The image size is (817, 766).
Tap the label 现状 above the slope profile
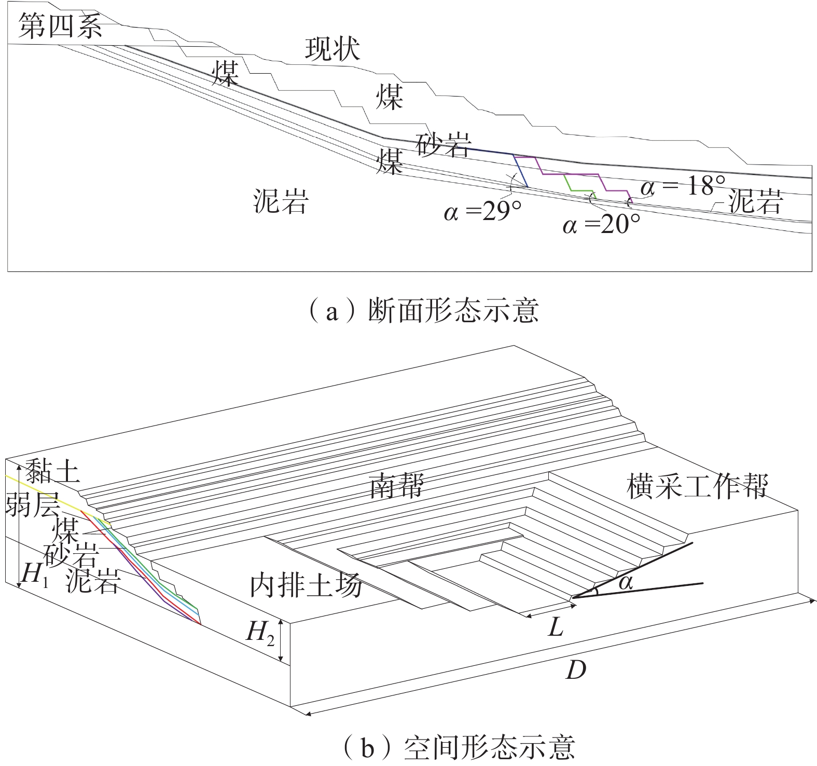[332, 49]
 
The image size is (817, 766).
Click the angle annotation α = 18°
[683, 185]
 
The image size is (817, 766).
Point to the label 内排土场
[306, 585]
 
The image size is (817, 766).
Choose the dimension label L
[556, 628]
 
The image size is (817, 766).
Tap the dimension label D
[575, 670]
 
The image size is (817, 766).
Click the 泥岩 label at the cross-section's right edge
[755, 201]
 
